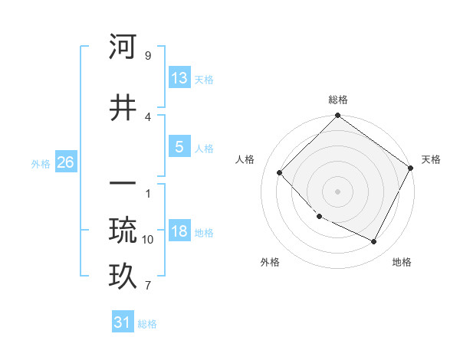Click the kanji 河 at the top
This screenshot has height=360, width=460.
click(123, 47)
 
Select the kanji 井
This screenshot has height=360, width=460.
click(123, 108)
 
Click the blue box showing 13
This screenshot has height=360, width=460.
click(179, 78)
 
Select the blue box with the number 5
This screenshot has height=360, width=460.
click(179, 147)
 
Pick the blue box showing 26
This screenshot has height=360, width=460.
click(65, 162)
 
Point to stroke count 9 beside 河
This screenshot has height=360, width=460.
click(147, 56)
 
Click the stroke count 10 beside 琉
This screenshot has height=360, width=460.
click(148, 240)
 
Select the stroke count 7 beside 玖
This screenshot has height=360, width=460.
click(147, 286)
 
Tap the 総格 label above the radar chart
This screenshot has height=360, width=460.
click(338, 100)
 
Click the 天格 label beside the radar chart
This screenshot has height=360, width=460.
click(431, 159)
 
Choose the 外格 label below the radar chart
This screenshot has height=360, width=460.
click(270, 262)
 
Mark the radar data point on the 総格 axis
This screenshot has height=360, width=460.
click(338, 117)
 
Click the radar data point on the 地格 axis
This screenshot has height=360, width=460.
click(374, 242)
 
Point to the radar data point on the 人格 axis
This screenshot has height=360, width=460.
click(280, 172)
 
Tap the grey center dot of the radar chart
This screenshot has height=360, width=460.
click(338, 191)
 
